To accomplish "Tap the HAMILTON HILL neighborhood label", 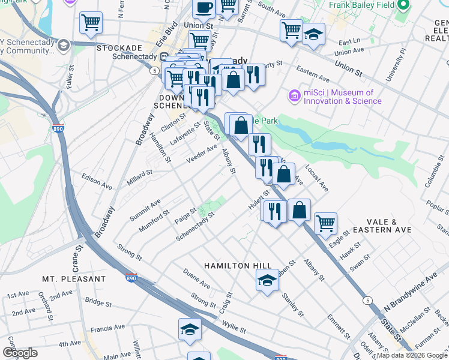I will [x=238, y=265].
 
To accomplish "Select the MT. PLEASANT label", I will [x=74, y=279].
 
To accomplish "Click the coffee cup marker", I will [x=203, y=8].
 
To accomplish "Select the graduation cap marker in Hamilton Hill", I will [x=267, y=280].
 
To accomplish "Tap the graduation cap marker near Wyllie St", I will [x=189, y=329].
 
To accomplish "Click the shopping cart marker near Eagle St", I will [x=325, y=223].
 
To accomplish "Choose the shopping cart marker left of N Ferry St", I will [x=91, y=23].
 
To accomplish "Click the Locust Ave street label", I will [x=317, y=178].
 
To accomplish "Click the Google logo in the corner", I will [x=20, y=353].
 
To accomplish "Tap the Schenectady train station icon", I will [x=155, y=58].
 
